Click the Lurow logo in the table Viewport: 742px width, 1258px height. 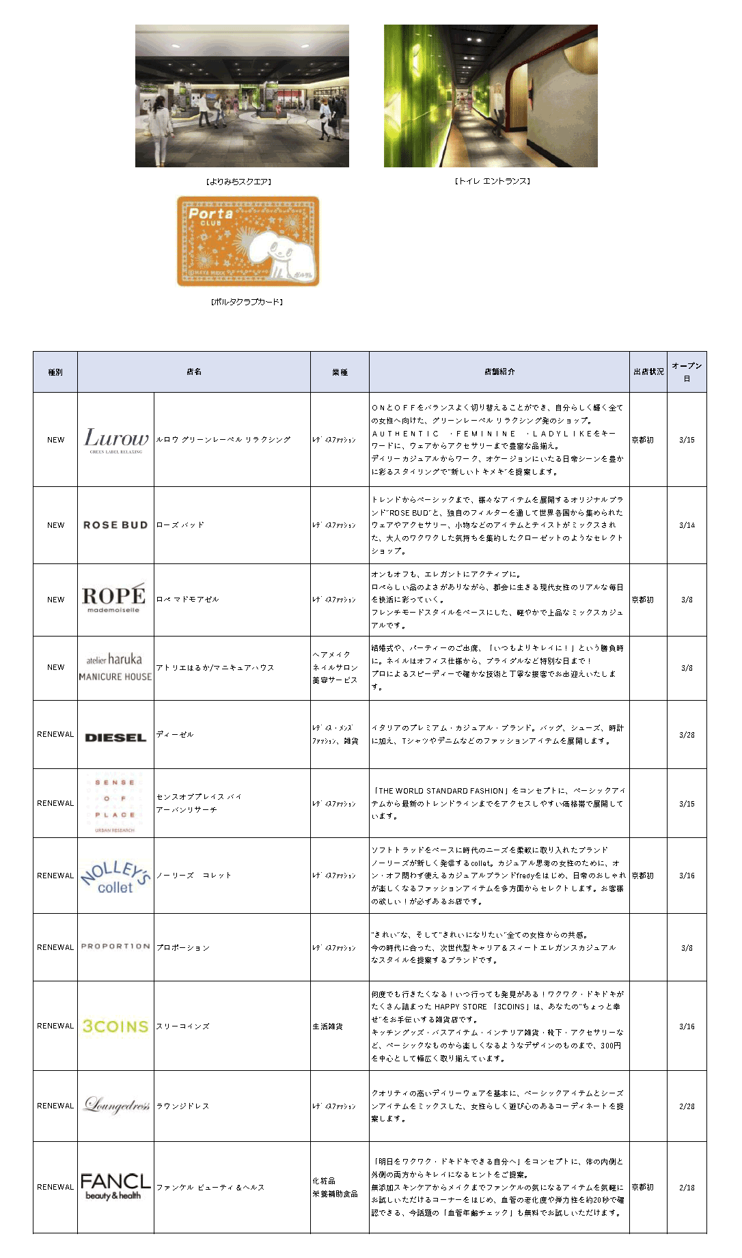[116, 439]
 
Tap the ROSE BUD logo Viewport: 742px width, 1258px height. [115, 525]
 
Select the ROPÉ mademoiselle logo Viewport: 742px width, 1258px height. [114, 598]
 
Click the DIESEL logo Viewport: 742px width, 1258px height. [115, 738]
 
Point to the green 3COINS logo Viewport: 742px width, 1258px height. [115, 1026]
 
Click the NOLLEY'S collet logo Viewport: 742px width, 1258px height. [115, 877]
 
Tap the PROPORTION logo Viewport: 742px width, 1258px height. [115, 947]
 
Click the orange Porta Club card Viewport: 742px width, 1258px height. [248, 241]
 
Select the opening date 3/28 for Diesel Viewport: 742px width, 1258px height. [687, 735]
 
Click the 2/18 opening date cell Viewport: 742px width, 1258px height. [687, 1188]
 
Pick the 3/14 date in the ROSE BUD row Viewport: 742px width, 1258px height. [687, 525]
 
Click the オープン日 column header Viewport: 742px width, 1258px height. [687, 372]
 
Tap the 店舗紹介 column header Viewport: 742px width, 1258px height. [499, 372]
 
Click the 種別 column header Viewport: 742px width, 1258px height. [55, 372]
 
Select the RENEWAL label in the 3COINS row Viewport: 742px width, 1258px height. [55, 1026]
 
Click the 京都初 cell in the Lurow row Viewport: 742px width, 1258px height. [643, 440]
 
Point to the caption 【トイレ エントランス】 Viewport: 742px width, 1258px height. [492, 181]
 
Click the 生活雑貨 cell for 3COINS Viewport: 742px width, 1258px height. [328, 1026]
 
